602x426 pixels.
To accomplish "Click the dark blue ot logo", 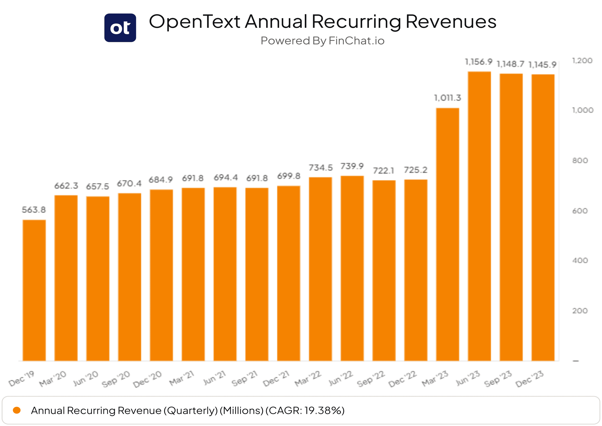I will coord(120,28).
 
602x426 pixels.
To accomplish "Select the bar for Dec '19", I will coord(34,290).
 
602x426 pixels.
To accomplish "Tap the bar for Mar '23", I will coord(447,234).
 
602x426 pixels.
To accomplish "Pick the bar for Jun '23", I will coord(479,216).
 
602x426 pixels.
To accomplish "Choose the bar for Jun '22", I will coord(352,268).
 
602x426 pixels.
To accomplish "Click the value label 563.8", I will coord(34,210).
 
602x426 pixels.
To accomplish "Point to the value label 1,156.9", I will coord(479,62).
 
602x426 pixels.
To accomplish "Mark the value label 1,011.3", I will coord(447,98).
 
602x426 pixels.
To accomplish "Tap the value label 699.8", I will coord(289,176).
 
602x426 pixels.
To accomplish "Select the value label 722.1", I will coord(384,171).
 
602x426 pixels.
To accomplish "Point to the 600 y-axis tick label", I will coord(580,211).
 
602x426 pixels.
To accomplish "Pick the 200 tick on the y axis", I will coord(580,311).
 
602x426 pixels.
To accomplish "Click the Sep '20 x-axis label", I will coord(116,379).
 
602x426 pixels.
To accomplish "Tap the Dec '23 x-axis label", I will coord(530,379).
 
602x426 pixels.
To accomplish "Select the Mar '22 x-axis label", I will coord(308,379).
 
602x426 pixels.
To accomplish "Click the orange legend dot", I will coord(17,410).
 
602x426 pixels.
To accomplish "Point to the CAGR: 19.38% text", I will coord(305,410).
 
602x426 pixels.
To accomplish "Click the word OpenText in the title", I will coord(194,22).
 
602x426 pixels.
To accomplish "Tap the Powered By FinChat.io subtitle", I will coord(323,41).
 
